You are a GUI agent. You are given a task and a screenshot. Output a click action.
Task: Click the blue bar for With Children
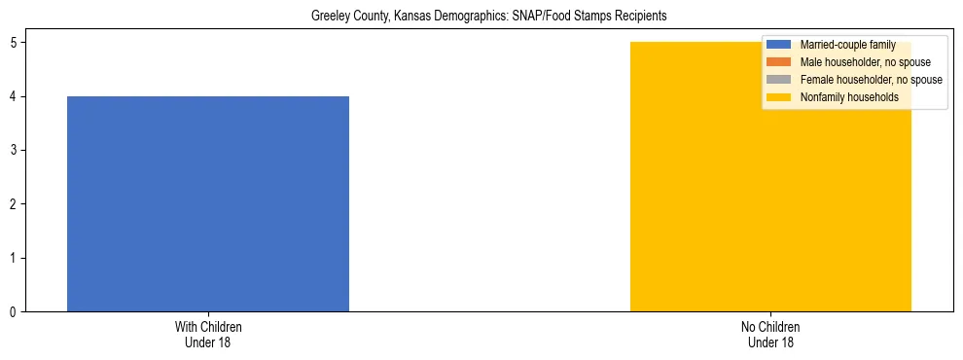[x=207, y=203]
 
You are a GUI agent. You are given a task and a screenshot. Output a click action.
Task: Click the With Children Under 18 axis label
[x=208, y=334]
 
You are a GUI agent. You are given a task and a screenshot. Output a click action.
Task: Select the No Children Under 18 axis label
[x=770, y=334]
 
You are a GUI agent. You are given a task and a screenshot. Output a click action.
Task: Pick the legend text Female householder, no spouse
[x=871, y=80]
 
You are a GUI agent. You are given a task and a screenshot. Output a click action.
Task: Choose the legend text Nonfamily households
[x=849, y=97]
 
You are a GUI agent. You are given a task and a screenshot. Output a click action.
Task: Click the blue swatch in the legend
[x=779, y=45]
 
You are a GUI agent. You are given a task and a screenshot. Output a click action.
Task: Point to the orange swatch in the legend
[x=779, y=62]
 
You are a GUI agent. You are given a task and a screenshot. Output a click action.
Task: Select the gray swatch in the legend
[x=779, y=80]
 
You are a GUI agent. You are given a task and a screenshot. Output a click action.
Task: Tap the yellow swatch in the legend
[x=779, y=97]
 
